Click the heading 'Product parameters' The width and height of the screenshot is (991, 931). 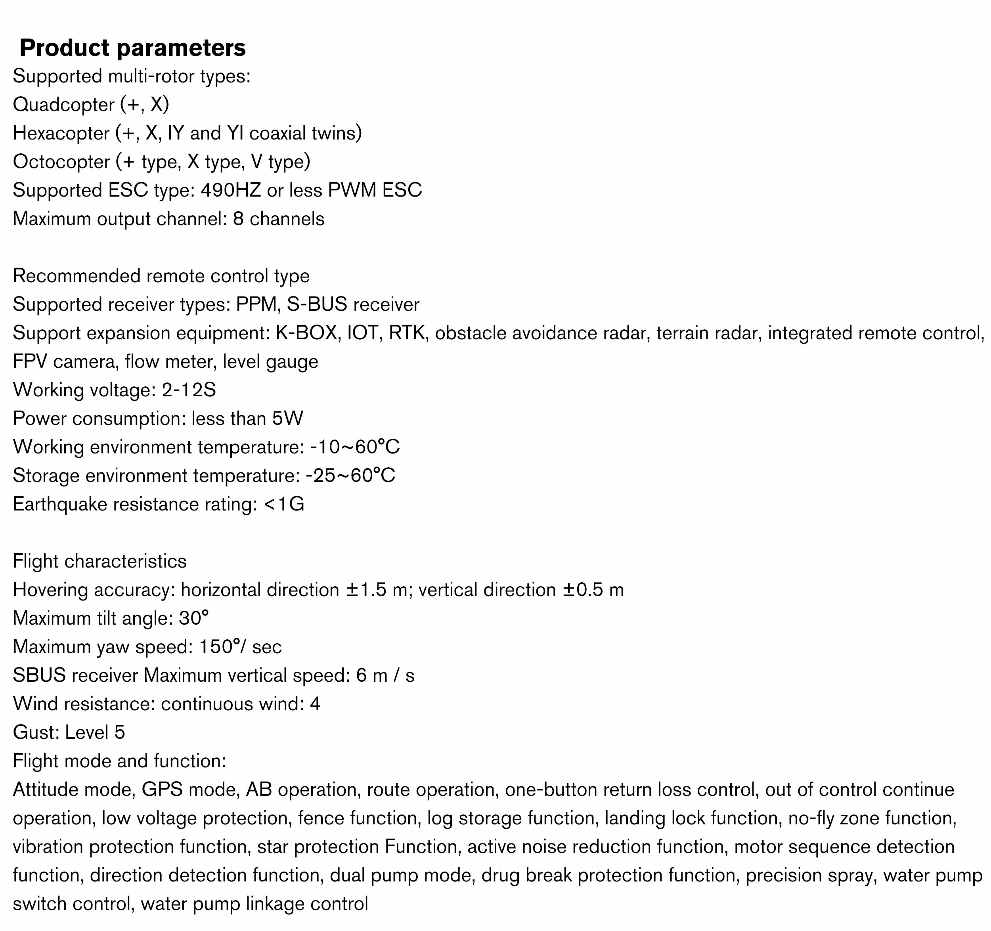tap(133, 48)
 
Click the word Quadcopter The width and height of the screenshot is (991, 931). tap(63, 105)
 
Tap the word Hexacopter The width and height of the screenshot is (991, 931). tap(61, 133)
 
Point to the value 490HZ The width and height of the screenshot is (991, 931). tap(231, 190)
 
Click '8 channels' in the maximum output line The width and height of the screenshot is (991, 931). tap(279, 219)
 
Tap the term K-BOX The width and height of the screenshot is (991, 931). tap(306, 333)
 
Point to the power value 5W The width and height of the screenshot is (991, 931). tap(288, 419)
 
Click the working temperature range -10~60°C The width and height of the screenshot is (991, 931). tap(354, 447)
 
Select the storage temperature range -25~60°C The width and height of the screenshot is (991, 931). tap(350, 476)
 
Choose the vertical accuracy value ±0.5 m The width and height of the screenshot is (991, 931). tap(593, 590)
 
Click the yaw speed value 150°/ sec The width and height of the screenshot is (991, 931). tap(240, 647)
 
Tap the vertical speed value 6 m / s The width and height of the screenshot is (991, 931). tap(385, 675)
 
